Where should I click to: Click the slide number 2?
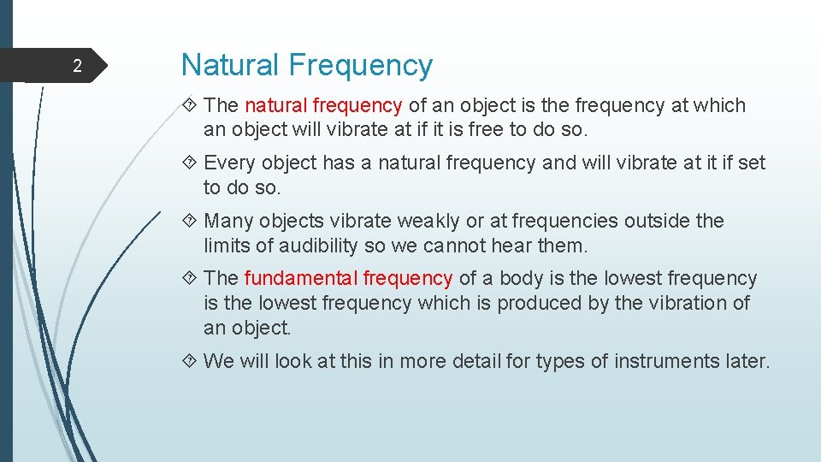tap(77, 67)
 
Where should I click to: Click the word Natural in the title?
tap(230, 65)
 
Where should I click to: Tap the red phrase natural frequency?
tap(323, 105)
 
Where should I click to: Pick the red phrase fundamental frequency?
tap(348, 278)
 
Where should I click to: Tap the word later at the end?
tap(745, 361)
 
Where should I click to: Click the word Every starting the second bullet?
tap(229, 163)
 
